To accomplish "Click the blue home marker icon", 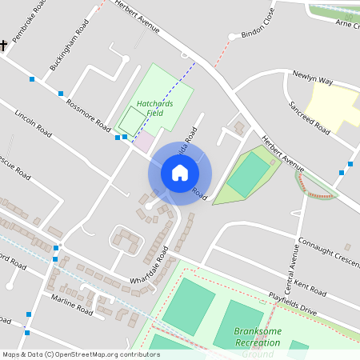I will pyautogui.click(x=180, y=173).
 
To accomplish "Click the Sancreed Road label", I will pyautogui.click(x=310, y=118).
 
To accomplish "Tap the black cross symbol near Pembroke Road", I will pyautogui.click(x=3, y=46).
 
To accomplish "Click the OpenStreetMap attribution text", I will pyautogui.click(x=82, y=354).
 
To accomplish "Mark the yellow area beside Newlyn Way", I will pyautogui.click(x=333, y=104).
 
